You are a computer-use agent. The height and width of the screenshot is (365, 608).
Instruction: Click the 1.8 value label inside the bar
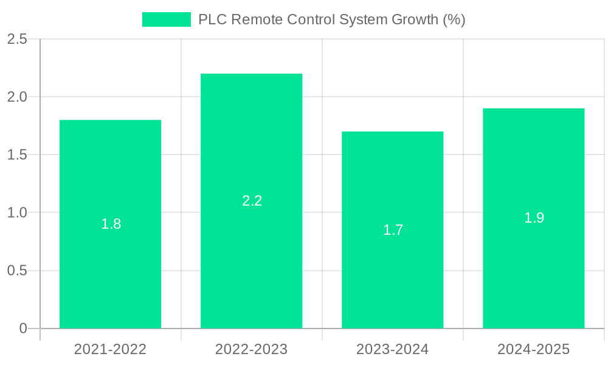pos(111,224)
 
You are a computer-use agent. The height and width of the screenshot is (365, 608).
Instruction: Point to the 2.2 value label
pos(252,201)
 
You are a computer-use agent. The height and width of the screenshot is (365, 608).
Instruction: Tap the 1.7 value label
pos(393,230)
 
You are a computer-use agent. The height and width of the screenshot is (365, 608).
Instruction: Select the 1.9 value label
pos(534,218)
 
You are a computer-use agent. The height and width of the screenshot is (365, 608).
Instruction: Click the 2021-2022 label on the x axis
pos(110,349)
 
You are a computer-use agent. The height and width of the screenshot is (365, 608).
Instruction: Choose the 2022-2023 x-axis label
pos(251,349)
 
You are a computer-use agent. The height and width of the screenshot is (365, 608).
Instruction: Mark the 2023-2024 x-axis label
pos(392,349)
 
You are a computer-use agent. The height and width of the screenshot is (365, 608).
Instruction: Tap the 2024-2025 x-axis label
pos(533,349)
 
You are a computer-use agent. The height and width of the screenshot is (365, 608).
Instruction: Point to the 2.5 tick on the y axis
pos(17,39)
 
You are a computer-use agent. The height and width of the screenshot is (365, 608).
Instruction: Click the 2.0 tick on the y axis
pos(17,97)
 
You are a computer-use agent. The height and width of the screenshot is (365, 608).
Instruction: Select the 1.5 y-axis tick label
pos(17,155)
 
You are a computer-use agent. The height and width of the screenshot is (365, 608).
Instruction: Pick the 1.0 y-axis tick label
pos(17,212)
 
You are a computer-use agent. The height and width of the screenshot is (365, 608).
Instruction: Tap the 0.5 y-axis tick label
pos(17,270)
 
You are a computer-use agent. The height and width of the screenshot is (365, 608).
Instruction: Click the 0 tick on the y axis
pos(23,328)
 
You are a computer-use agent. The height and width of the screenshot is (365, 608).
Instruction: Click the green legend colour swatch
pos(166,19)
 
